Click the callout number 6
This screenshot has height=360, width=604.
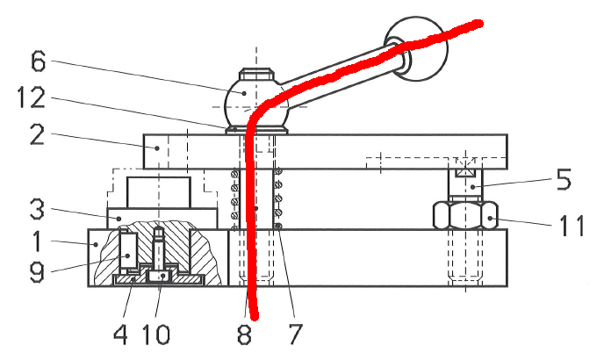pyautogui.click(x=38, y=61)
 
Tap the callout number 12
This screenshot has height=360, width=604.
pyautogui.click(x=31, y=97)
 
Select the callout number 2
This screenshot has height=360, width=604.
pyautogui.click(x=37, y=134)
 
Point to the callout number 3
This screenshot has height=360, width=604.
pyautogui.click(x=37, y=209)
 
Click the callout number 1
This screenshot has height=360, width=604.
pyautogui.click(x=37, y=241)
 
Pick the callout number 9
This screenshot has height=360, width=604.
pyautogui.click(x=37, y=272)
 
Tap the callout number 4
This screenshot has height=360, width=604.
pyautogui.click(x=120, y=334)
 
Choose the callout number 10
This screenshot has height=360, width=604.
pyautogui.click(x=156, y=334)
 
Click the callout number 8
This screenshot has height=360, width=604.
pyautogui.click(x=245, y=334)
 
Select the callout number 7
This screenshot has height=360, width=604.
pyautogui.click(x=295, y=334)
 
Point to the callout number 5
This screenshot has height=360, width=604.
pyautogui.click(x=564, y=179)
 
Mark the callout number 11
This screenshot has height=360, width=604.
pyautogui.click(x=572, y=226)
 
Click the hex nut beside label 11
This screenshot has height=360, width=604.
pyautogui.click(x=465, y=215)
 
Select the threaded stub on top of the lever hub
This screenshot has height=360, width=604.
pyautogui.click(x=256, y=74)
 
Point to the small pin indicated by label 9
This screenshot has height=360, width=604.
pyautogui.click(x=127, y=250)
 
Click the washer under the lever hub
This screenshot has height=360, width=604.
pyautogui.click(x=256, y=131)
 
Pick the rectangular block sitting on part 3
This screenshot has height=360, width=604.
pyautogui.click(x=159, y=192)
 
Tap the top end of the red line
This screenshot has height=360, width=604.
pyautogui.click(x=478, y=25)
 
